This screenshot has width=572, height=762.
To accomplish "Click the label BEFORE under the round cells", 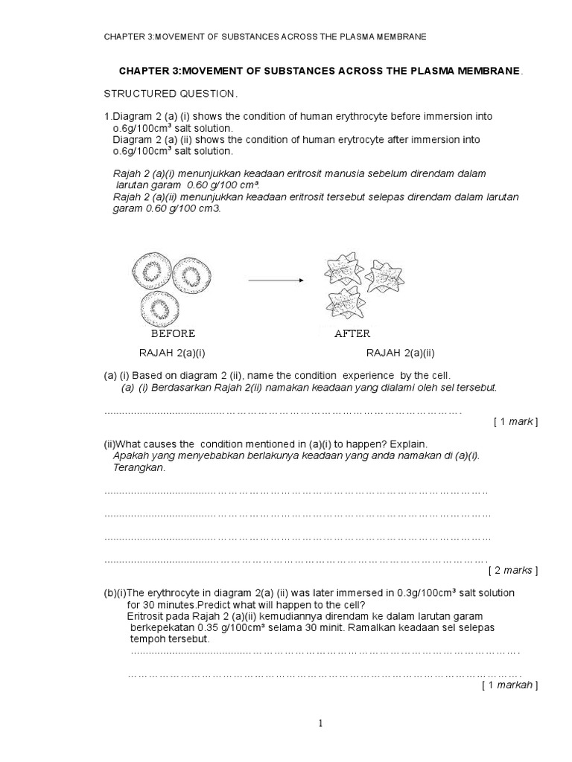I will (x=173, y=333).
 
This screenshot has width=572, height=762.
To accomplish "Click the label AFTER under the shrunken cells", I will (x=352, y=333).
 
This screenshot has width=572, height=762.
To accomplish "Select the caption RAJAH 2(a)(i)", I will (x=172, y=353).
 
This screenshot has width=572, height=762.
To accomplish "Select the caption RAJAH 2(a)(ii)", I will (x=399, y=353).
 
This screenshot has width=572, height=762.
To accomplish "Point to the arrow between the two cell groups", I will (x=276, y=281).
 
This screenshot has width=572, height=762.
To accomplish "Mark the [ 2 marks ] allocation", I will (x=512, y=571).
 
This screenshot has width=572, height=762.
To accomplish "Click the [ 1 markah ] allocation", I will (x=509, y=685).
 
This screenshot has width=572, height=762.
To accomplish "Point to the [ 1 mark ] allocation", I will (x=515, y=422).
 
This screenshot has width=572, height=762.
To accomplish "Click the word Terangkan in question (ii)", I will (x=139, y=468).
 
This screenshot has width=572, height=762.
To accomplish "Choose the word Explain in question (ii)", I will (x=408, y=444).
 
